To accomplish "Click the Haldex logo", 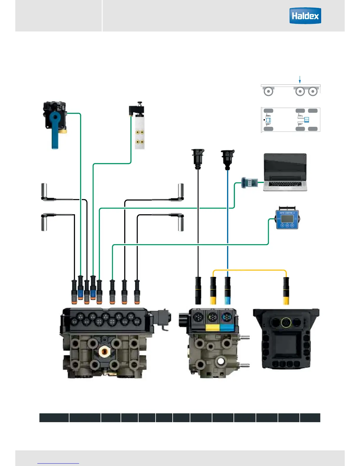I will (305, 16).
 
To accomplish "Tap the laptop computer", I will (285, 172).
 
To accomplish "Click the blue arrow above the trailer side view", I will (300, 79).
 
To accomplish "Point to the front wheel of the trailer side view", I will (268, 91).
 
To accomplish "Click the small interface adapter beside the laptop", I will (249, 183).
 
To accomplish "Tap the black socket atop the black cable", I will (198, 159).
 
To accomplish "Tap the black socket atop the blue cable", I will (228, 159).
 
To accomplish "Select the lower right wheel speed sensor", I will (181, 223).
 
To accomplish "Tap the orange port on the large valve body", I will (104, 351).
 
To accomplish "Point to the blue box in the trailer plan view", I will (306, 120).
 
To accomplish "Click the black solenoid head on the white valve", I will (136, 109).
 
